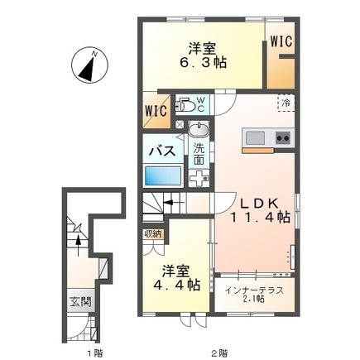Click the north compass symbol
coord(88,65)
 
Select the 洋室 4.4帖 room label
coord(180,276)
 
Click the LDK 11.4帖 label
coord(259,209)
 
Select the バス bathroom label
coord(161,151)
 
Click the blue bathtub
coord(164,176)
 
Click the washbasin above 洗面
coord(199,130)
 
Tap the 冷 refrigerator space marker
coord(284,102)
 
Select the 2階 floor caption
coord(218,352)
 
